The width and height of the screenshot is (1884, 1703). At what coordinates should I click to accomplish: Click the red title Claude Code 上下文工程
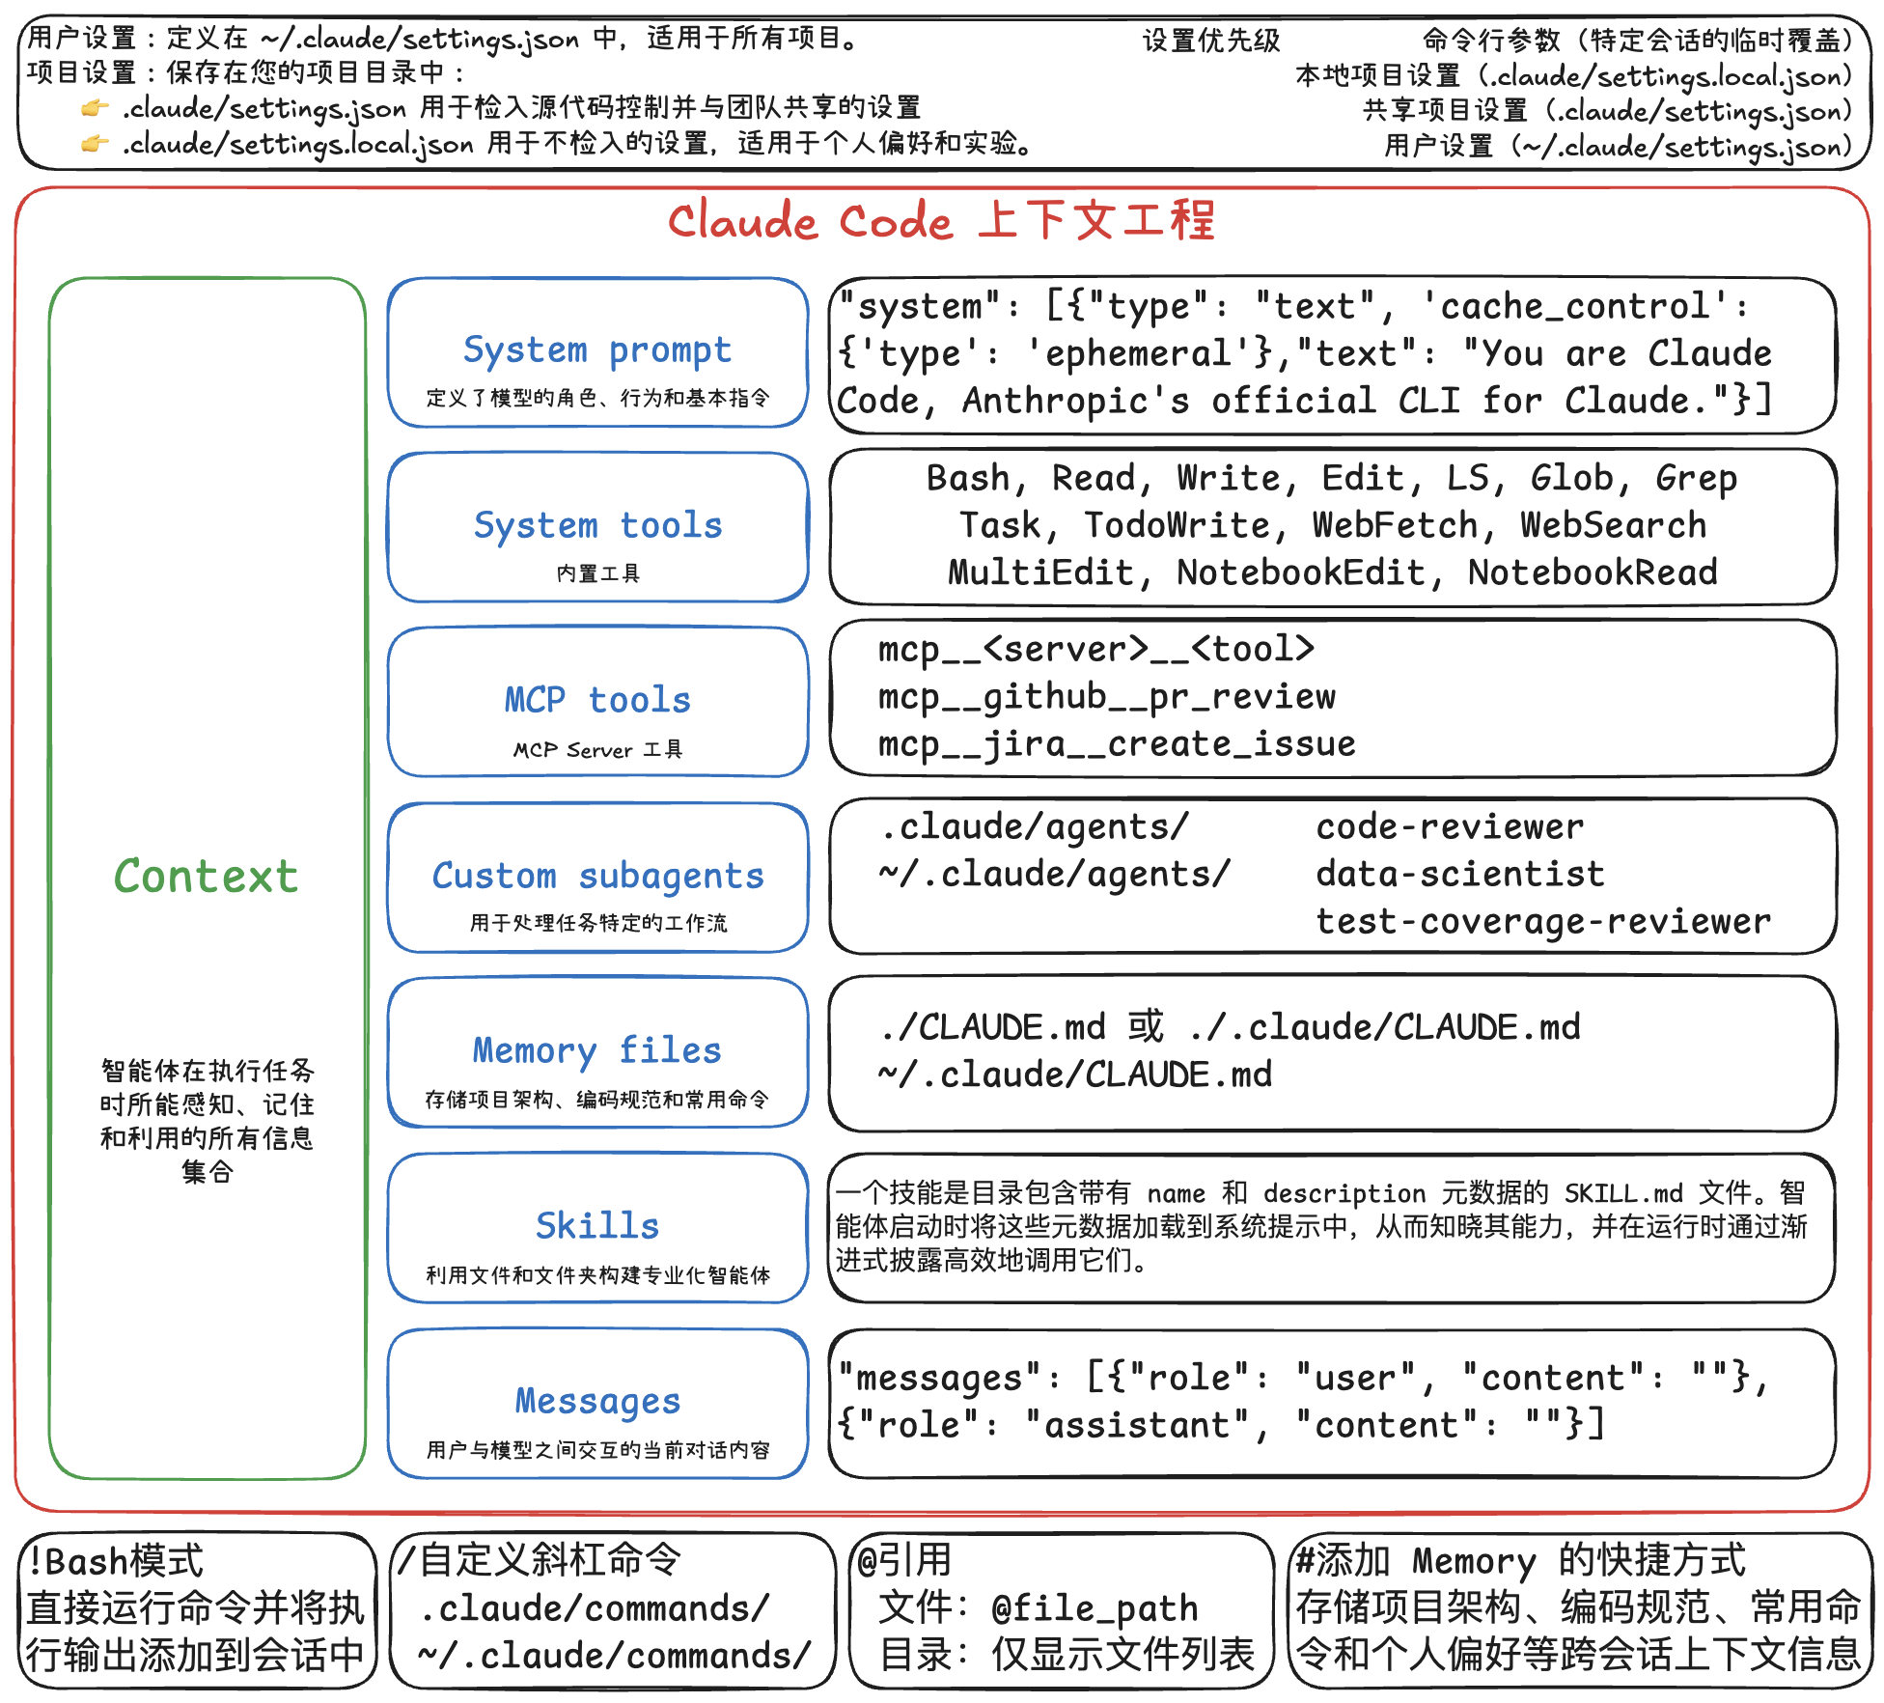(941, 221)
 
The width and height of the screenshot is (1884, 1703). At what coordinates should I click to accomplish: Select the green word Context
(206, 877)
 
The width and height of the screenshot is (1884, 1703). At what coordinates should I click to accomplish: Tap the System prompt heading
(596, 349)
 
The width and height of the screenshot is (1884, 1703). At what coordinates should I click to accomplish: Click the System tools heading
(597, 525)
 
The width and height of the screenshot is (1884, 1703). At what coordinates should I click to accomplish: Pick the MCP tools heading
(597, 700)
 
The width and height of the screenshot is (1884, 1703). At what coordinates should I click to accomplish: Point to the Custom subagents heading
(597, 876)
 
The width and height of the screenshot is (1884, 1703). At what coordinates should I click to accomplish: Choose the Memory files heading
(597, 1050)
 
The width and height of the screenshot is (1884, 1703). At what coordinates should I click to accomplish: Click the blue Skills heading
(597, 1226)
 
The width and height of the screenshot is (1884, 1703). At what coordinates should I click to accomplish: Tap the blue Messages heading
(597, 1401)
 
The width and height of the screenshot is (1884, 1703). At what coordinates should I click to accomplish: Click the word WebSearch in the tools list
(1613, 525)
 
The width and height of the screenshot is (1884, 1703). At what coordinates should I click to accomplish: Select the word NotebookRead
(1593, 572)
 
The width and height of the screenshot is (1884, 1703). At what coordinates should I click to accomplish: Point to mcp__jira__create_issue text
(1117, 744)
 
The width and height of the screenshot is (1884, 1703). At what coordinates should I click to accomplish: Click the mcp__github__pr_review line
(1107, 697)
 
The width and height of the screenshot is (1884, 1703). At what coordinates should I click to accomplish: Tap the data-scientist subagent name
(1460, 875)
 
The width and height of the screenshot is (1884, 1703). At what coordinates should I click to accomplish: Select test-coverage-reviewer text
(1543, 922)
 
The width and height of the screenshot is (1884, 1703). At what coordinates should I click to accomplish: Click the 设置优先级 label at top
(1211, 41)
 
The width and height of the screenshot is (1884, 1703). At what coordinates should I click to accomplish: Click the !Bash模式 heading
(116, 1561)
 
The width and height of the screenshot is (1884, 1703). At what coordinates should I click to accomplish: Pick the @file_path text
(1094, 1608)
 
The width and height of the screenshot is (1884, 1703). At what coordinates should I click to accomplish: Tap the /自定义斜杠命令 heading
(540, 1560)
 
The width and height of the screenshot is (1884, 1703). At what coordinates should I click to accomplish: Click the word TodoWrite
(1177, 525)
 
